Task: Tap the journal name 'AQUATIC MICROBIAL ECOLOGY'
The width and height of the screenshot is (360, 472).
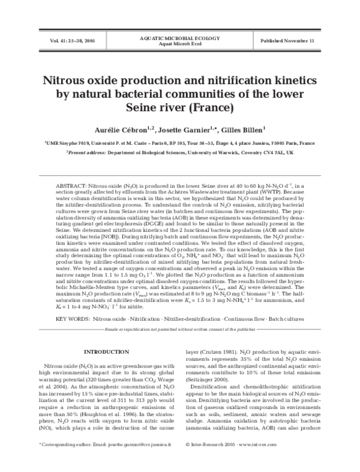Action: [x=180, y=37]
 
